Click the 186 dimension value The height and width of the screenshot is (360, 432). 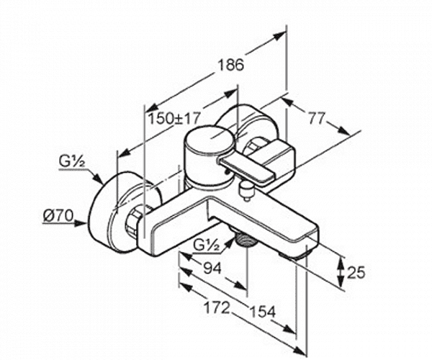tap(231, 65)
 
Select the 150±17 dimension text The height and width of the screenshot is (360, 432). tap(174, 118)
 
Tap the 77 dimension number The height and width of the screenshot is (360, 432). tap(317, 118)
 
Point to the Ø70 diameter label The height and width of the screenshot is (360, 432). tap(58, 215)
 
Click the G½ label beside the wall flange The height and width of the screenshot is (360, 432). tap(71, 162)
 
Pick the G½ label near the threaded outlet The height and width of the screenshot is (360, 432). tap(206, 245)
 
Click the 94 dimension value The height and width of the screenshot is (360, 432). tap(212, 268)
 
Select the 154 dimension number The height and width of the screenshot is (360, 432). tap(262, 312)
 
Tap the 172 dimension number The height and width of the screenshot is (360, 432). tap(217, 307)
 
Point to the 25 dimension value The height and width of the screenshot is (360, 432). tap(356, 273)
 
